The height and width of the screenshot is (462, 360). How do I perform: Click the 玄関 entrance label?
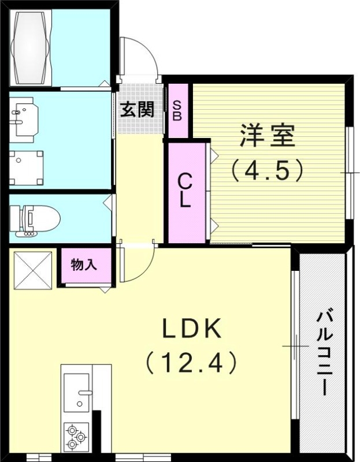(x=137, y=109)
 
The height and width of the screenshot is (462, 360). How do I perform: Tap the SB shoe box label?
(x=177, y=110)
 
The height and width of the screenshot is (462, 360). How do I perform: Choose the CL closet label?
(x=184, y=191)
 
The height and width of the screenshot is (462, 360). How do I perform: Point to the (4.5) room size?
(x=267, y=170)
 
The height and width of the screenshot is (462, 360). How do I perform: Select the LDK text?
(x=191, y=330)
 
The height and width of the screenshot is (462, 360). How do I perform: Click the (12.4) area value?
(x=191, y=363)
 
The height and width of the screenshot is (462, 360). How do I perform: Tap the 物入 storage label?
(x=83, y=265)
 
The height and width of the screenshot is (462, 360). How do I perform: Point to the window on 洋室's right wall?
(x=350, y=173)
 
